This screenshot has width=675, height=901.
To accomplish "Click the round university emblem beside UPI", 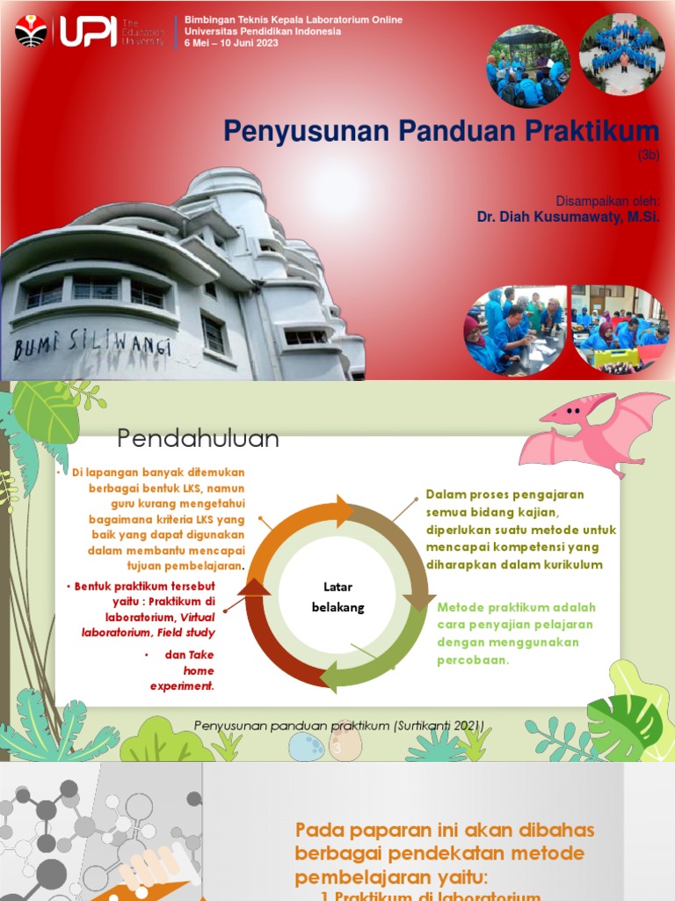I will pos(32,31).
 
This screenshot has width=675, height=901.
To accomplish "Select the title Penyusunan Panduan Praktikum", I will pos(440,131).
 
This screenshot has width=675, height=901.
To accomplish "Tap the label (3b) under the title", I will pos(648,156).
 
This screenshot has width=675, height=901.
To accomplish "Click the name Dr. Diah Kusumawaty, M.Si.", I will pos(567,216).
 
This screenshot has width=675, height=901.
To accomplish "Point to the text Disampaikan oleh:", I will pos(607,200).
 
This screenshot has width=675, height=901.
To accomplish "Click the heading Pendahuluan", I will pos(199,438).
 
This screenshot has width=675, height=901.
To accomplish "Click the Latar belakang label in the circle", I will pos(337,596).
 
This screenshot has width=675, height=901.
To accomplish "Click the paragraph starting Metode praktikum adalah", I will pos(517,634).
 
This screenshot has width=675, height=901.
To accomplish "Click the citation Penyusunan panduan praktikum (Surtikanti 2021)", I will pos(338,725).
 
